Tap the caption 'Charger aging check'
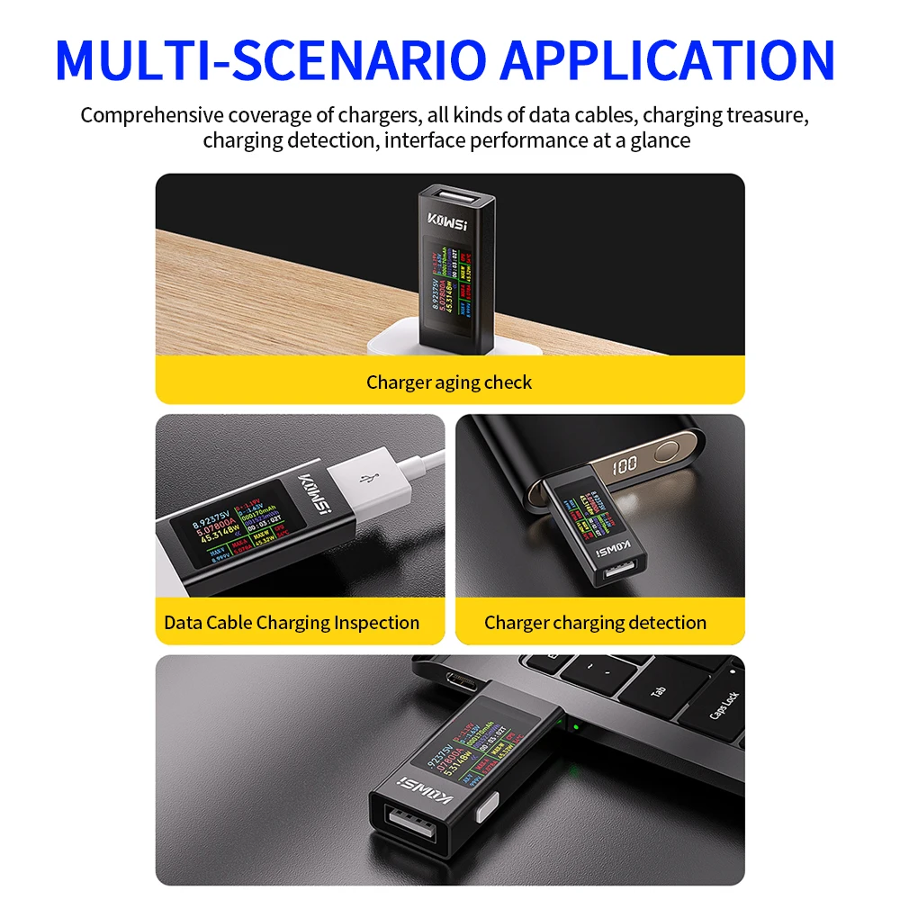449,382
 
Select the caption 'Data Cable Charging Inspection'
292,623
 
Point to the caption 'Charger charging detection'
595,623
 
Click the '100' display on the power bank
625,468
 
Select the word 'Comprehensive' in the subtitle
151,115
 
